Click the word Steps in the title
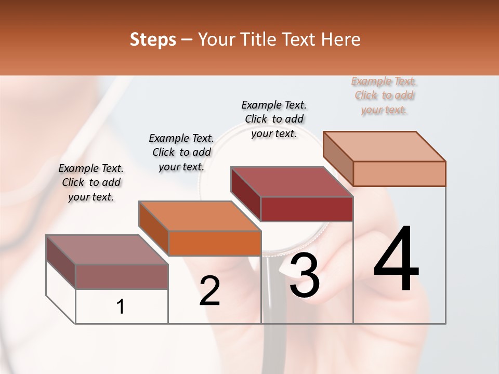[x=153, y=39]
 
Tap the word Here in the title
[x=341, y=39]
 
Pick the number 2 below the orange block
[x=209, y=291]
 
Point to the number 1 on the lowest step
[x=121, y=306]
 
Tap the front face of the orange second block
[x=215, y=243]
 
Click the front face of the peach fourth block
[x=399, y=173]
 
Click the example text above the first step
[x=91, y=183]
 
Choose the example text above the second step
[x=181, y=152]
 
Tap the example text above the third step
[x=274, y=119]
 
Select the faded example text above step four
[x=384, y=96]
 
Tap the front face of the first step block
[x=122, y=276]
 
